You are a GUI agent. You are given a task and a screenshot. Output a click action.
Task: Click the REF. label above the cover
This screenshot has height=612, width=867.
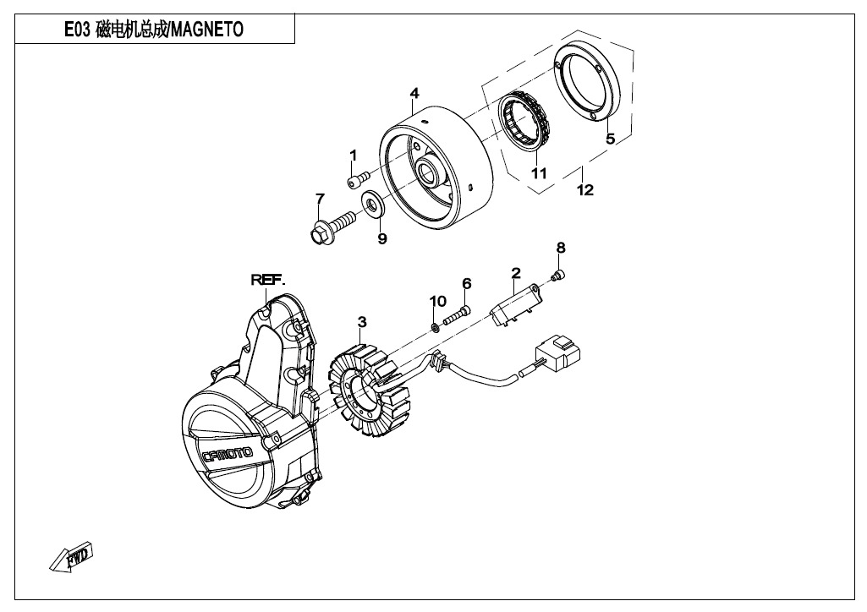click(x=267, y=280)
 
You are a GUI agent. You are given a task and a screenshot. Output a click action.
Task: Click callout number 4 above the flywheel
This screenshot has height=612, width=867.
click(x=414, y=92)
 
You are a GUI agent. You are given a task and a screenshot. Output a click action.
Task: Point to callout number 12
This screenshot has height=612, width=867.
click(x=584, y=190)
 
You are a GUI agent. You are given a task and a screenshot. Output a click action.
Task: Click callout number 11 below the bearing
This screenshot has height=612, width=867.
click(x=539, y=173)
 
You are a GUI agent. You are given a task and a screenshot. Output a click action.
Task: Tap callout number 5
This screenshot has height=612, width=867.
click(x=610, y=138)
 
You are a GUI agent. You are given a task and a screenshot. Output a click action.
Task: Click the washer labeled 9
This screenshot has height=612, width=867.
click(x=370, y=205)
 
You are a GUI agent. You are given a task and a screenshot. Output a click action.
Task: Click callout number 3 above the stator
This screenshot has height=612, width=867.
click(x=362, y=322)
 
